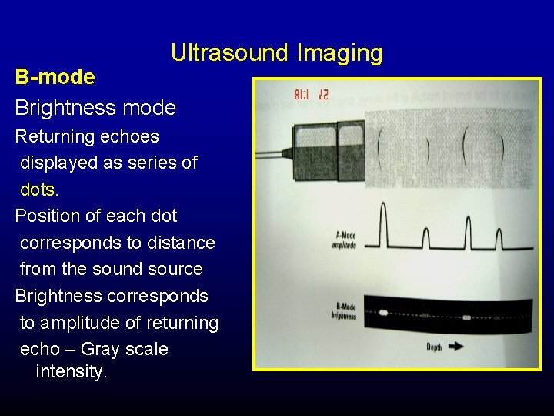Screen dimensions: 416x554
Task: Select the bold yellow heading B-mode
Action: (x=55, y=77)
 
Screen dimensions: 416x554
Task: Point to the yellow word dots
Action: (x=37, y=189)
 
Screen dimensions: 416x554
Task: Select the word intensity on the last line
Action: (x=71, y=371)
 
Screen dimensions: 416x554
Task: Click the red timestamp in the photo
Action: (x=312, y=95)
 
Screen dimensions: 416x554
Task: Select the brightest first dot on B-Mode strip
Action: (x=382, y=313)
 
